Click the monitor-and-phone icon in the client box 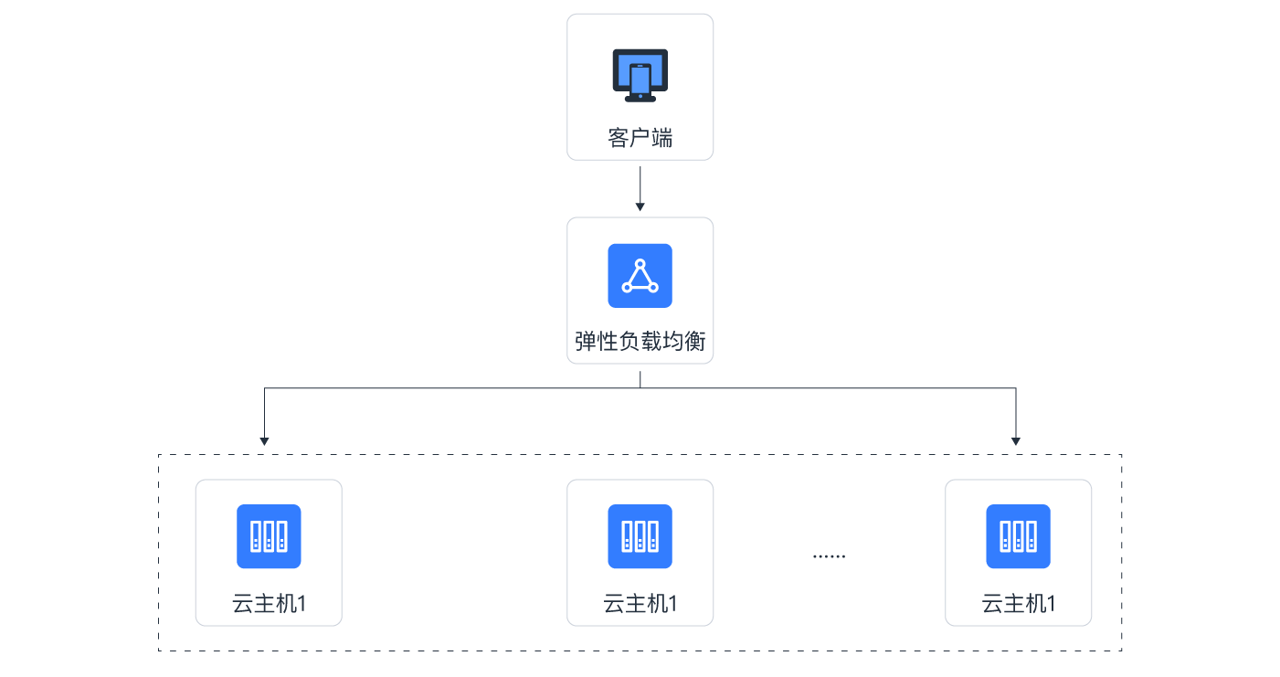640,75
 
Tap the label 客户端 640,138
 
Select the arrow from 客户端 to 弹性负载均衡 640,189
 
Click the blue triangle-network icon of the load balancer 640,276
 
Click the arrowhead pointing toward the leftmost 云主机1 264,441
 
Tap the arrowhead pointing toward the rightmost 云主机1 1016,441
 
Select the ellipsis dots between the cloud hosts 830,556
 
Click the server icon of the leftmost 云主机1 269,536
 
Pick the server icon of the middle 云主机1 640,536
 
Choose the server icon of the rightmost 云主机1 1018,536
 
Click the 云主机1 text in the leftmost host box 269,604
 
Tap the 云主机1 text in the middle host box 640,604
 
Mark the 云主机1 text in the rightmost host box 1018,604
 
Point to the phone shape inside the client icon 640,79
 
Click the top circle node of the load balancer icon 640,264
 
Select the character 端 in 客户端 661,138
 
